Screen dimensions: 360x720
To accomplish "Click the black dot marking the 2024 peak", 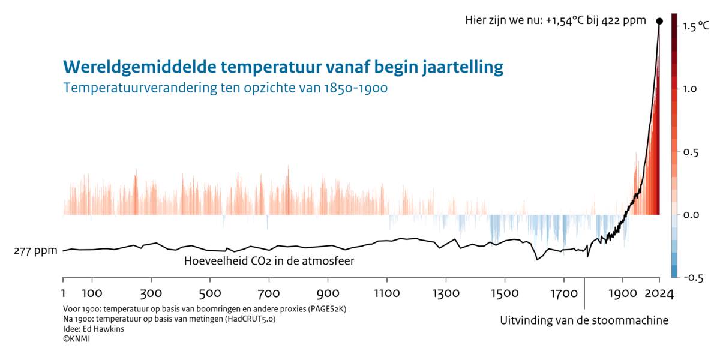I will [659, 21].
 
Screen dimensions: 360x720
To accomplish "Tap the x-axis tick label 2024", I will [659, 294].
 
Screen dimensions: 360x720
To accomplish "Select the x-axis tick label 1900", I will [623, 294].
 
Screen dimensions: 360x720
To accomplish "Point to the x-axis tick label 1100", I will [386, 294].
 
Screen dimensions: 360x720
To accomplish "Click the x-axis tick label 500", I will [209, 294].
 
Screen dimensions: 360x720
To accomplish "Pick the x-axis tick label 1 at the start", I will [63, 294].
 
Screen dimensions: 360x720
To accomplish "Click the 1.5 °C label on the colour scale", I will [695, 26].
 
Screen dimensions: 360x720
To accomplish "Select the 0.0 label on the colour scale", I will [691, 214].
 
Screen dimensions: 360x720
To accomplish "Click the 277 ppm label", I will [35, 251].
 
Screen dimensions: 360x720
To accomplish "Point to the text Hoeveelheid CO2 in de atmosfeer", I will [269, 261].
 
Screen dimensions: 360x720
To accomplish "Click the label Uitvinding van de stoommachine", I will [584, 320].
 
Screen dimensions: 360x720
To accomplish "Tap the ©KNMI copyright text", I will [76, 339].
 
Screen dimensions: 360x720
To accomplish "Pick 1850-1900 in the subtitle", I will [355, 88].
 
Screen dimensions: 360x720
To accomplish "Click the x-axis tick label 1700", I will [563, 294].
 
